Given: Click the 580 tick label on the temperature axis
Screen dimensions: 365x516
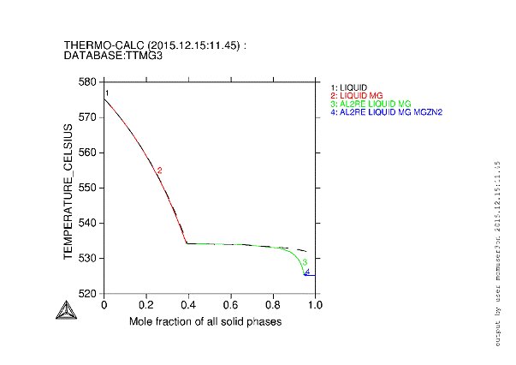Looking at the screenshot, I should [x=90, y=82].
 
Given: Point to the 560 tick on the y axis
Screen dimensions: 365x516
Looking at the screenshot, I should [x=90, y=153].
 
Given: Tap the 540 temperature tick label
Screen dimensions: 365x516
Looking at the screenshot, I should [x=90, y=223].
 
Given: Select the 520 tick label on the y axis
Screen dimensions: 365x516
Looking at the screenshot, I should [x=90, y=293].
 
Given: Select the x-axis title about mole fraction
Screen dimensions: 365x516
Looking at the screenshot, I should [x=205, y=321].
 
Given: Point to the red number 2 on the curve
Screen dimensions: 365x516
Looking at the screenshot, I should [x=159, y=171].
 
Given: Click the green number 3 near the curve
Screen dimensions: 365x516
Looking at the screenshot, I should [x=305, y=261].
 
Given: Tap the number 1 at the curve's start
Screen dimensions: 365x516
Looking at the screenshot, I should [x=107, y=93].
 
